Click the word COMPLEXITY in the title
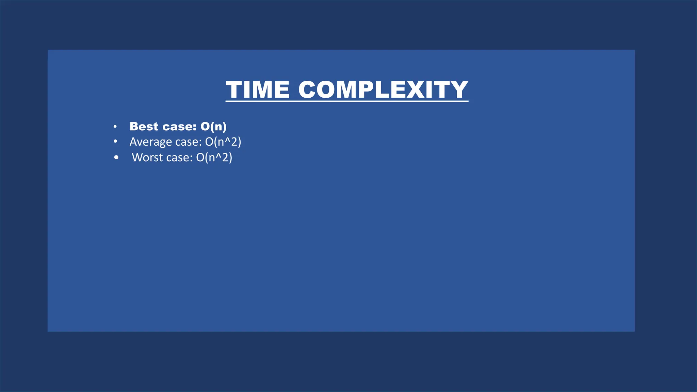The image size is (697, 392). pos(383,90)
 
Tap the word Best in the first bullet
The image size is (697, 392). pos(144,127)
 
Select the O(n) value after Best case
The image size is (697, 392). pos(213,127)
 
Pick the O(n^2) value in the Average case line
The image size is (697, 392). pos(223,142)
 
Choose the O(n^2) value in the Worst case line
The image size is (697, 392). pos(214,158)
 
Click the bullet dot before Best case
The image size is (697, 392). pos(115,127)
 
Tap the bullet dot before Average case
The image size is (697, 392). pos(115,141)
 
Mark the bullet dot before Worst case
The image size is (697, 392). pos(116,158)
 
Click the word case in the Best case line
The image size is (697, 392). pos(180,127)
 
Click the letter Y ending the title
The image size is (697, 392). pos(458,90)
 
